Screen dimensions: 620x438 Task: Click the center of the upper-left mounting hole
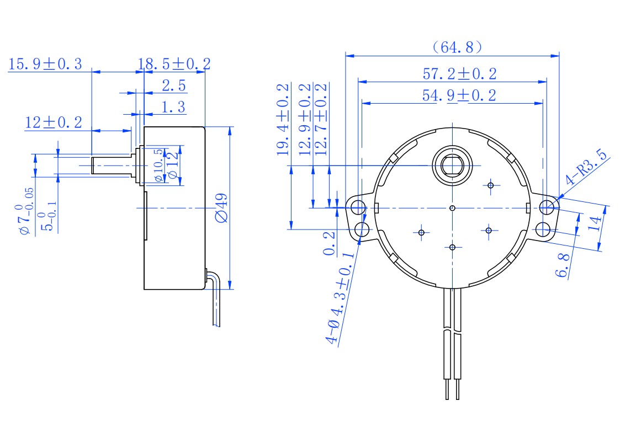(358, 207)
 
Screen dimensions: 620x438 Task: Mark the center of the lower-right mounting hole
(543, 229)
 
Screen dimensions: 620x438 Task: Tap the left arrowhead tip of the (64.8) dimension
(346, 56)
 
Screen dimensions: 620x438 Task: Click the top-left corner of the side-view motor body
(144, 127)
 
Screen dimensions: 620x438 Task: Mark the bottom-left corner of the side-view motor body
(144, 290)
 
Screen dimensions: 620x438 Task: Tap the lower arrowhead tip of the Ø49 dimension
(230, 289)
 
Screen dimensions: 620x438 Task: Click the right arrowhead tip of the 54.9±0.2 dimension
(543, 104)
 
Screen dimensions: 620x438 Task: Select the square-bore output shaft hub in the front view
(452, 166)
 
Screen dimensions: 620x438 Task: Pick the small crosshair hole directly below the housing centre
(452, 247)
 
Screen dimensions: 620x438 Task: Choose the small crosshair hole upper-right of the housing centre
(491, 185)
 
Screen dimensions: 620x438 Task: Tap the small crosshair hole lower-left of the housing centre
(421, 233)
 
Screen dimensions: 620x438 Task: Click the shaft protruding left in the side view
(112, 165)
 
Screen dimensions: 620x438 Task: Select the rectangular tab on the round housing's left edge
(377, 208)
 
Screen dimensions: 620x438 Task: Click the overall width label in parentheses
(458, 47)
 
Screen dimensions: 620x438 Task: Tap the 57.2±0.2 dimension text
(459, 74)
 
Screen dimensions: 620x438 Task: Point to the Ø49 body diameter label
(221, 208)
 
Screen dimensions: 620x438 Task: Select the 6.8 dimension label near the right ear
(562, 265)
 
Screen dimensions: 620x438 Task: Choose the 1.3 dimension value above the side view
(173, 107)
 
